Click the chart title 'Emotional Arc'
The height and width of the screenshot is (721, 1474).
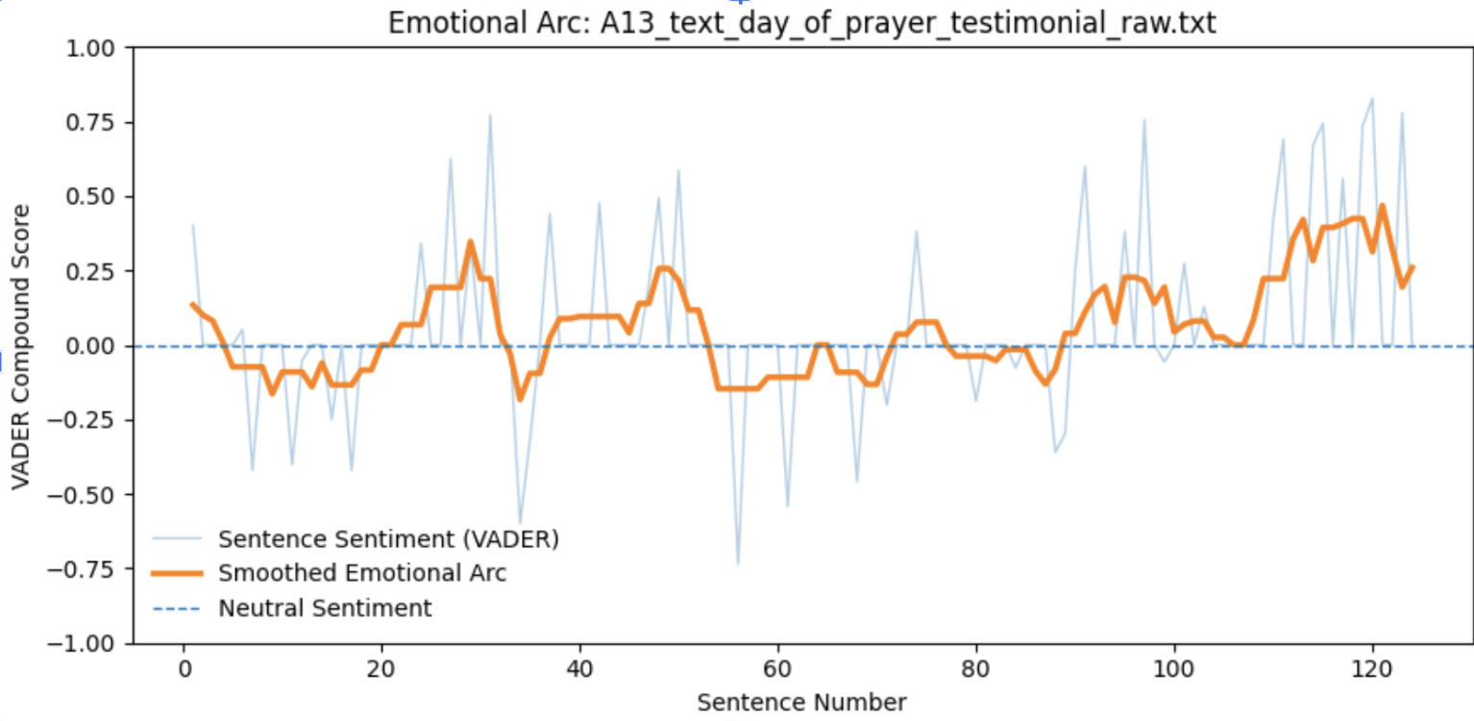click(x=801, y=23)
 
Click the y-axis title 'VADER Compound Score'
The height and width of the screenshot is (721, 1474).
click(x=21, y=346)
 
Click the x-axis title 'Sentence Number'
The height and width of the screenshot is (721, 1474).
click(x=801, y=703)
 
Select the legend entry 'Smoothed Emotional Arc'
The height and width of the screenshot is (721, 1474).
click(x=361, y=574)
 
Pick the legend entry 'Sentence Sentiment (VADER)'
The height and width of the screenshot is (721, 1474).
click(x=387, y=538)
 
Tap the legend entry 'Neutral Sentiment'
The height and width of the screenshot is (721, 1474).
click(x=325, y=609)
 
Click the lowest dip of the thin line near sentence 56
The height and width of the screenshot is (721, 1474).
click(x=738, y=563)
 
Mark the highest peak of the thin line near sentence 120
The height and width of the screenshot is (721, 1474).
click(x=1372, y=98)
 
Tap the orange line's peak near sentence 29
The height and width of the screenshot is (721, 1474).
click(x=471, y=241)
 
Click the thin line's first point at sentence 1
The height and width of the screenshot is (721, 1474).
click(x=193, y=225)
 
